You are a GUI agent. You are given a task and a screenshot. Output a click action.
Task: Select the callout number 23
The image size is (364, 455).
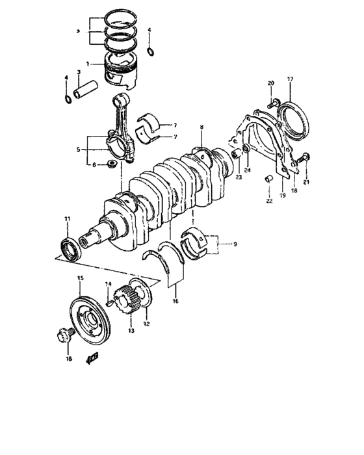[x=239, y=177]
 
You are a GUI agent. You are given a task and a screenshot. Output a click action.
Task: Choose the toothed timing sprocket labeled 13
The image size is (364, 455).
[x=124, y=305]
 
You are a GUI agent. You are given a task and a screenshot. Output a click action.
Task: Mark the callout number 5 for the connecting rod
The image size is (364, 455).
[x=77, y=149]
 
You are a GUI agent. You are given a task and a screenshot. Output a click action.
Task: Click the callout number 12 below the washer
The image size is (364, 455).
[x=146, y=324]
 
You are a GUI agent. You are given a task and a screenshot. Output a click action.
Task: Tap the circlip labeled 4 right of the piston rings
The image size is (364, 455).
[x=151, y=51]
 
